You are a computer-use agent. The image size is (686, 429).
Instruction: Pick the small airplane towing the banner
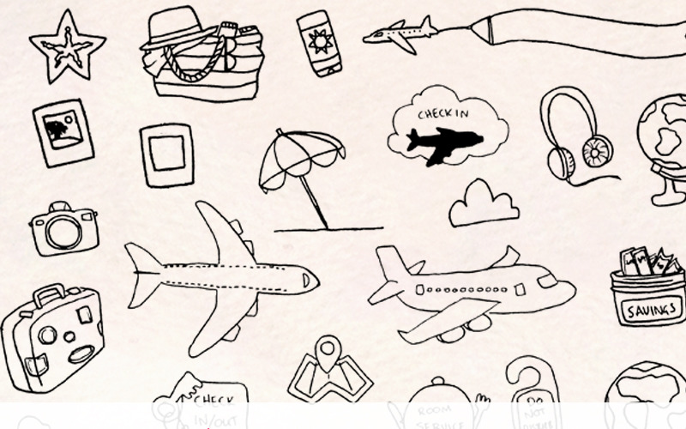click(x=400, y=34)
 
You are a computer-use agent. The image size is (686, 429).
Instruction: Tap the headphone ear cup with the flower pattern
click(x=596, y=152)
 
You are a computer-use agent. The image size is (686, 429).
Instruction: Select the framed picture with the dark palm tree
click(x=63, y=133)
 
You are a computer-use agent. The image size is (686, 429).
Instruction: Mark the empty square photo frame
click(x=166, y=154)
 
